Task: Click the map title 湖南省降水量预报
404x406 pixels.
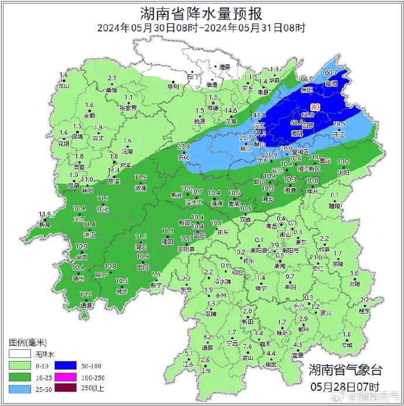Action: coord(201,13)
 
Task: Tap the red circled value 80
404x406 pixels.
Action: coord(316,107)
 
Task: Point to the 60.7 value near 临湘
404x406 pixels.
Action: coord(331,73)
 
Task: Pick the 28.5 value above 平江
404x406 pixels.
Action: coord(339,124)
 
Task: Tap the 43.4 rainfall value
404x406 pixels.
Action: coord(259,115)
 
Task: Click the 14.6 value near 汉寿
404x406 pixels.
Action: coord(231,111)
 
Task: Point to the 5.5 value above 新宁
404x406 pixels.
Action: coord(156,274)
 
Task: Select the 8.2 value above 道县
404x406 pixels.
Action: coord(207,337)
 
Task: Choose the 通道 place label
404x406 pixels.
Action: coord(86,305)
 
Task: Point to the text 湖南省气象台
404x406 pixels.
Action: coord(345,370)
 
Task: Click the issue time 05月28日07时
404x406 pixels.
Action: coord(345,387)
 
